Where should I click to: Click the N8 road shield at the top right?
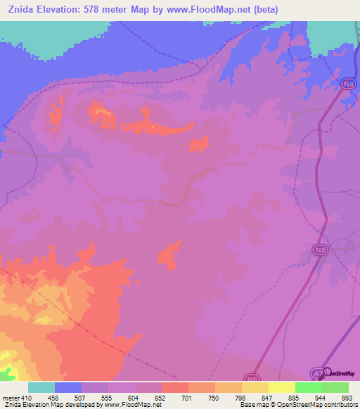click(347, 84)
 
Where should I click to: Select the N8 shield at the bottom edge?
click(252, 378)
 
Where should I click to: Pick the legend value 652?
click(161, 397)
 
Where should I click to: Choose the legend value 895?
click(295, 397)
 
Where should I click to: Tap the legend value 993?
click(347, 397)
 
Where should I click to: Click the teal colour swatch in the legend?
click(41, 387)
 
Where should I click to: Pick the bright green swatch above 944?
click(309, 387)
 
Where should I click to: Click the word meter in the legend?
click(11, 397)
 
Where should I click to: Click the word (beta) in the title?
click(265, 10)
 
